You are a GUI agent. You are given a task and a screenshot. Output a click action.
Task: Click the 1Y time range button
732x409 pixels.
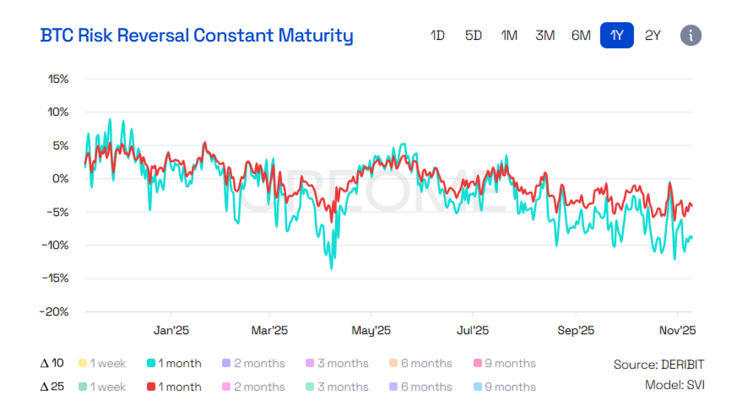click(x=616, y=36)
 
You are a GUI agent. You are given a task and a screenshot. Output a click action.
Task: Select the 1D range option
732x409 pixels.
click(x=437, y=36)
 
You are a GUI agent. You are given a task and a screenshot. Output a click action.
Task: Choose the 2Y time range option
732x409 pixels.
click(x=653, y=36)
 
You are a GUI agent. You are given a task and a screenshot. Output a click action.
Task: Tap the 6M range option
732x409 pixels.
click(x=581, y=36)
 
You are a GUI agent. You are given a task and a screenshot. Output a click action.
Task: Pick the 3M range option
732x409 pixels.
click(x=545, y=36)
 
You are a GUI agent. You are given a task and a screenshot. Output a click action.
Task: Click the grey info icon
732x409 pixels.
click(x=691, y=36)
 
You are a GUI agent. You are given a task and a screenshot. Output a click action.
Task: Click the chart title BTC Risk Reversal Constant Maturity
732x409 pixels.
click(x=197, y=36)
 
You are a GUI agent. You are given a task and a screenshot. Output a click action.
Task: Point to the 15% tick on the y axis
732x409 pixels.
click(x=59, y=79)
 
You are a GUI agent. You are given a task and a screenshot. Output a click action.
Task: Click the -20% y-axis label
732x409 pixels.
click(x=54, y=312)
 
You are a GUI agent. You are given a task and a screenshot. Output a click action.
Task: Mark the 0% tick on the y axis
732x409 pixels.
click(x=61, y=179)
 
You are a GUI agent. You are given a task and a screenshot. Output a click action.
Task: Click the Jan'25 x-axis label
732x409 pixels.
click(x=171, y=330)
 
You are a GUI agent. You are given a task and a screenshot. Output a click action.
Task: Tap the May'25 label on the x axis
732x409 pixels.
click(x=371, y=330)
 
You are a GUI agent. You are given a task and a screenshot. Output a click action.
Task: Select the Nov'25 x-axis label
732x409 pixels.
click(x=678, y=330)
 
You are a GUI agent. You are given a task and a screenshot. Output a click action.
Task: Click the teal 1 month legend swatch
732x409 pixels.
click(x=151, y=363)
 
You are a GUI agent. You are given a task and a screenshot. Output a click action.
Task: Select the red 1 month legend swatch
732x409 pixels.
click(x=151, y=387)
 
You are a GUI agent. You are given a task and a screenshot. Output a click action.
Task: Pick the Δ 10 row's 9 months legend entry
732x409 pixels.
click(x=505, y=363)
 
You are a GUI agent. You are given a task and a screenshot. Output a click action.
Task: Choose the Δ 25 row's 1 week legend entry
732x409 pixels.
click(x=102, y=387)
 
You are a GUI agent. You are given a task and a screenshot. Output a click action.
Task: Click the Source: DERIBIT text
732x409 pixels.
click(x=659, y=364)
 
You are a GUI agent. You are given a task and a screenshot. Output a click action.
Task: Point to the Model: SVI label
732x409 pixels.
click(x=675, y=385)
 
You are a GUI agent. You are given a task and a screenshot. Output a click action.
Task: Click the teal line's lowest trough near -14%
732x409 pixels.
click(x=331, y=269)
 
